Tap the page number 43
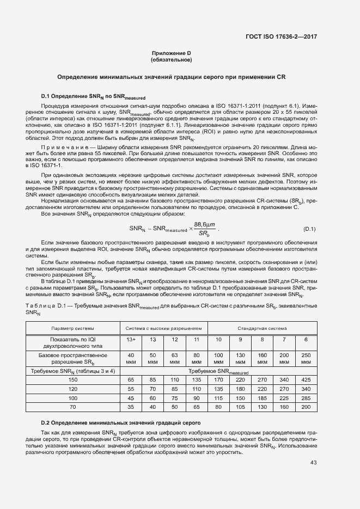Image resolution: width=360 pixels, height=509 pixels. coord(313,463)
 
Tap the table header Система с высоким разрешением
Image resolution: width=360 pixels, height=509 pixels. coord(164,329)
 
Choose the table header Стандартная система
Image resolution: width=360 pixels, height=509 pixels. coord(262,329)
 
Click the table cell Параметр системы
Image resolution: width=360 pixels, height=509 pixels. coord(72,329)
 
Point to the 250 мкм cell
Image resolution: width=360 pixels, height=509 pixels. coord(306,358)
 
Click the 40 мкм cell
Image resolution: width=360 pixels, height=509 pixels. coord(131,358)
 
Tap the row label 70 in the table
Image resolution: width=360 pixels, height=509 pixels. coord(72,406)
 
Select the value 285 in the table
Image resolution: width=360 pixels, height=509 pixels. coord(306,397)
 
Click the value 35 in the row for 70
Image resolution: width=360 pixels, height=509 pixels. coord(131,406)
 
